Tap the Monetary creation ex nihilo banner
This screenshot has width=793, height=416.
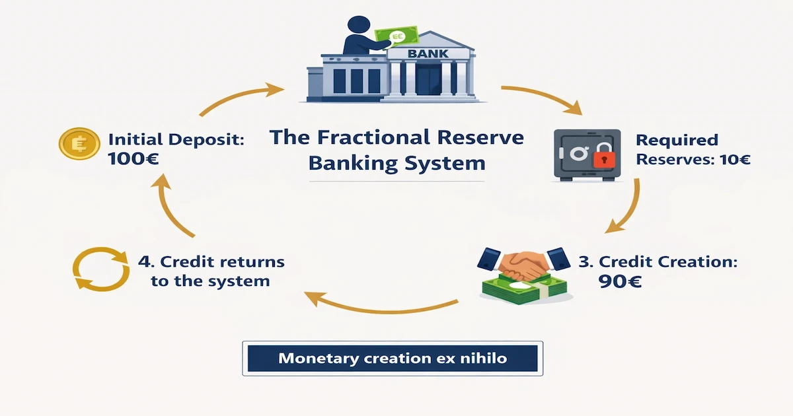[x=392, y=359]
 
